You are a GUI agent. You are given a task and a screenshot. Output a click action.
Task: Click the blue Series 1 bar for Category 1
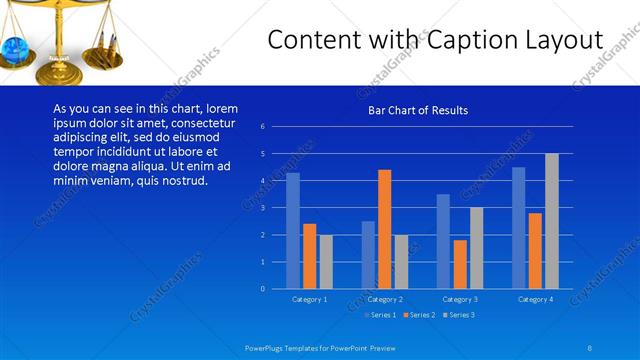click(293, 231)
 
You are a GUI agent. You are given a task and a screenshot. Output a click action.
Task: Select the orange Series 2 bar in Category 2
click(384, 229)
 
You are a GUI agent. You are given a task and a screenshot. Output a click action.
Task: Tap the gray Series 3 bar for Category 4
click(551, 221)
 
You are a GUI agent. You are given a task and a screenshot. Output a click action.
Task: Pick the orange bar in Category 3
click(460, 264)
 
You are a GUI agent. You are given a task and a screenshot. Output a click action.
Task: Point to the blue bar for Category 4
click(518, 228)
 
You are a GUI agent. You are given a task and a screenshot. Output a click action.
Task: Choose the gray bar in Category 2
click(401, 262)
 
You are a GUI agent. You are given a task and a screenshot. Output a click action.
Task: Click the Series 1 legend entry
click(382, 315)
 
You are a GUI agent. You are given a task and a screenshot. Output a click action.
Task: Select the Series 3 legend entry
click(458, 315)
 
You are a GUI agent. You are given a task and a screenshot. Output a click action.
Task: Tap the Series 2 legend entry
click(420, 315)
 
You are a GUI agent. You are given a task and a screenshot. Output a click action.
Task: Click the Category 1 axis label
click(309, 299)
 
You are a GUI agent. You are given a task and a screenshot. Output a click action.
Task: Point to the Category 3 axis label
click(460, 299)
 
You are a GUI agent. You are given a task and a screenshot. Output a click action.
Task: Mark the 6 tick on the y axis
click(262, 127)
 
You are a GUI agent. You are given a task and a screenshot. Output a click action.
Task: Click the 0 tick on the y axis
click(262, 289)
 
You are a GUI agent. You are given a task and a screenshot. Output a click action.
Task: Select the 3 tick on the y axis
click(262, 208)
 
